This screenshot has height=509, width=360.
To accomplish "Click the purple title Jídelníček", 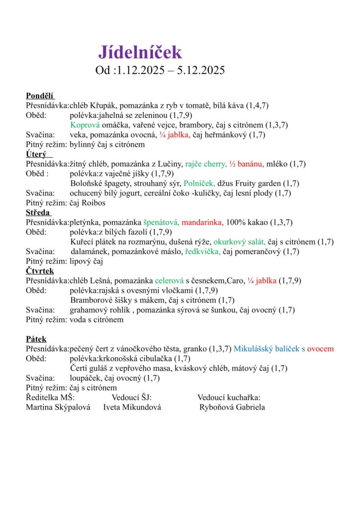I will point(140,52).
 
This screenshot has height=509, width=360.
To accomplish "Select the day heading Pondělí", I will point(40,96).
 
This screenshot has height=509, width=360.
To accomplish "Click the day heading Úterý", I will point(36,154).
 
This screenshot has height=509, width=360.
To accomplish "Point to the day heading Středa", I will point(38,212).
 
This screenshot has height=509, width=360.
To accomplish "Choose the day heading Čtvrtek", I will point(40,271).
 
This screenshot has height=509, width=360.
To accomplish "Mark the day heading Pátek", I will point(36,339).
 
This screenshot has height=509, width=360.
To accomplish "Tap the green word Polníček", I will point(199,183).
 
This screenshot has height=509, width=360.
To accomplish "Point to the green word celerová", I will point(169,281).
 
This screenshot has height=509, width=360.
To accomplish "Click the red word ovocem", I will point(320,349).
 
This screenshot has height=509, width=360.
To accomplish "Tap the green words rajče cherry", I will point(206,164).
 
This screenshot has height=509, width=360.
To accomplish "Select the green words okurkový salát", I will point(240,242).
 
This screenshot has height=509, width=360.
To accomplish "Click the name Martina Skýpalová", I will point(57,408).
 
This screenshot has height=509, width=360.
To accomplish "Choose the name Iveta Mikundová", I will point(132,408).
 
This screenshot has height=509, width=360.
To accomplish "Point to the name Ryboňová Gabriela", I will point(232,408).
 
